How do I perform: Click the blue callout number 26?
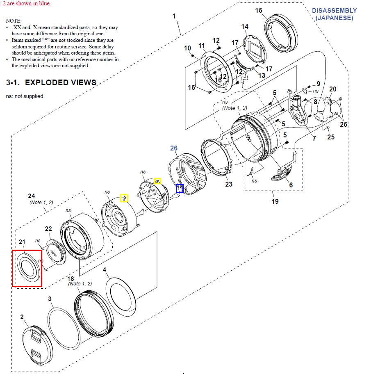pyautogui.click(x=174, y=148)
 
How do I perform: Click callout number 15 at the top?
pyautogui.click(x=270, y=10)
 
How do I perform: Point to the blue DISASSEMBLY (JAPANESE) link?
pyautogui.click(x=334, y=14)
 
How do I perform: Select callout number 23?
pyautogui.click(x=229, y=184)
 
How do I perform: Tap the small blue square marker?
pyautogui.click(x=180, y=188)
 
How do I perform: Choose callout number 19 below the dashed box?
pyautogui.click(x=275, y=201)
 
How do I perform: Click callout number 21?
pyautogui.click(x=22, y=243)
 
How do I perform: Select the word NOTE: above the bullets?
pyautogui.click(x=14, y=20)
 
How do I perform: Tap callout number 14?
pyautogui.click(x=245, y=27)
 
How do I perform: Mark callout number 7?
pyautogui.click(x=314, y=138)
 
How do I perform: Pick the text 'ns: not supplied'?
pyautogui.click(x=25, y=96)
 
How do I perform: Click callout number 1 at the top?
pyautogui.click(x=174, y=16)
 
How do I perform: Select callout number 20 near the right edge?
pyautogui.click(x=332, y=89)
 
